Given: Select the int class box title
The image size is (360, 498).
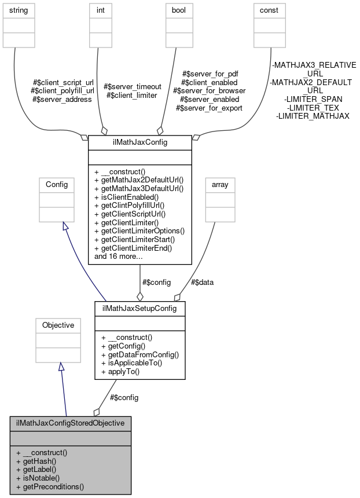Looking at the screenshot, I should [x=96, y=10].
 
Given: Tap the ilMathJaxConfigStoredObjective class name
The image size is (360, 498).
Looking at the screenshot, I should [x=70, y=423].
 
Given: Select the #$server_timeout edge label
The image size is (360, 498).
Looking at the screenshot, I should [x=132, y=87].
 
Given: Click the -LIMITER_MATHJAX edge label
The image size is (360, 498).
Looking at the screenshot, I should [x=313, y=116].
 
